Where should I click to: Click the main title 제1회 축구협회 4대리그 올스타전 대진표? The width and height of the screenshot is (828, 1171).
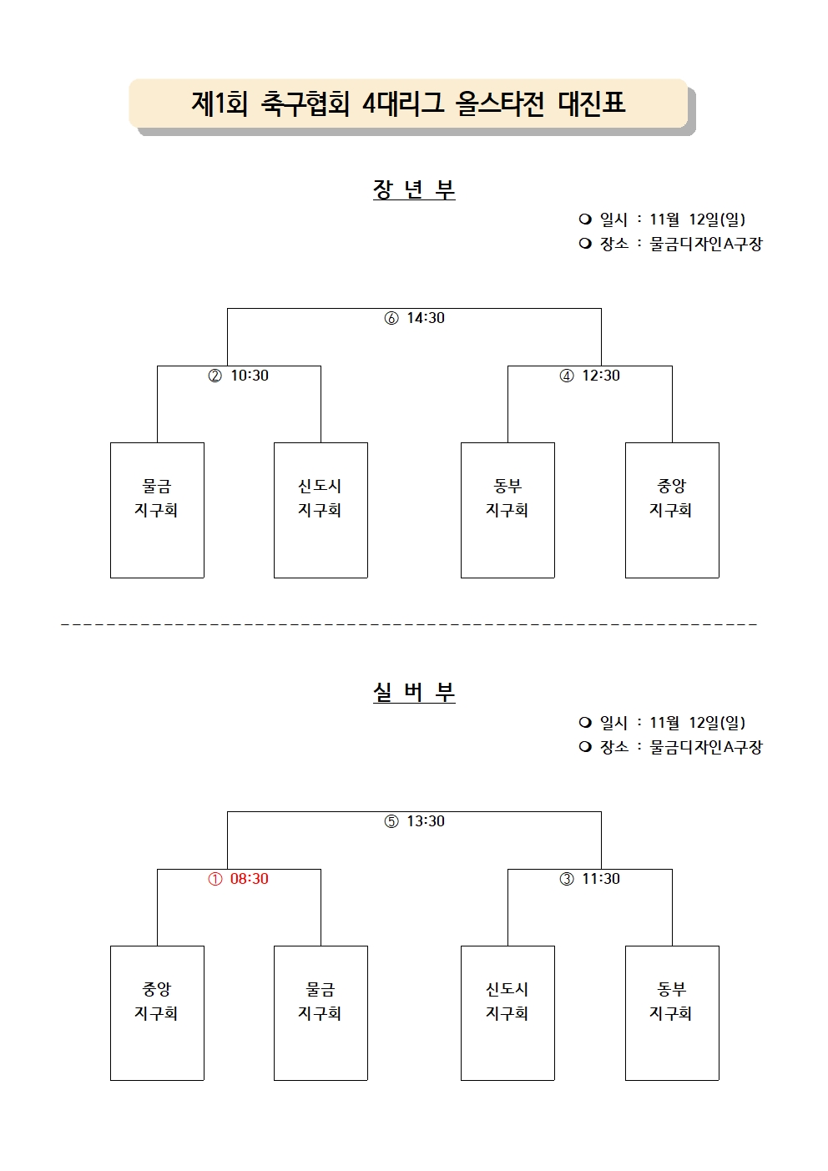coord(408,103)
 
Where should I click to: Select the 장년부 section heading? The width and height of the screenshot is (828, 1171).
coord(414,189)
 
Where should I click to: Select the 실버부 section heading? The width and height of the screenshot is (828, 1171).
coord(414,692)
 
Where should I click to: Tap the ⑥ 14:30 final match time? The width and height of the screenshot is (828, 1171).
coord(415,318)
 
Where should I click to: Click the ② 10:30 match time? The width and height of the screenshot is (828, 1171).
coord(239,376)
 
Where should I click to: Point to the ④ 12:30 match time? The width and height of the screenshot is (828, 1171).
coord(589,376)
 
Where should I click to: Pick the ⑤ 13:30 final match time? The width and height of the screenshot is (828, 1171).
coord(415,820)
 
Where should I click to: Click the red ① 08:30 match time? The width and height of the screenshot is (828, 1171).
coord(239,878)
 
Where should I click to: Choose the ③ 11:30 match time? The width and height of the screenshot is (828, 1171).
coord(589,878)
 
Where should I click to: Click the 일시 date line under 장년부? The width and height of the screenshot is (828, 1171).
coord(662,219)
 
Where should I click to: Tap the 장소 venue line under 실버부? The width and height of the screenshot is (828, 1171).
coord(670,746)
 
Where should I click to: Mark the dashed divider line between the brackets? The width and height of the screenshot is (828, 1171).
coord(409,624)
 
